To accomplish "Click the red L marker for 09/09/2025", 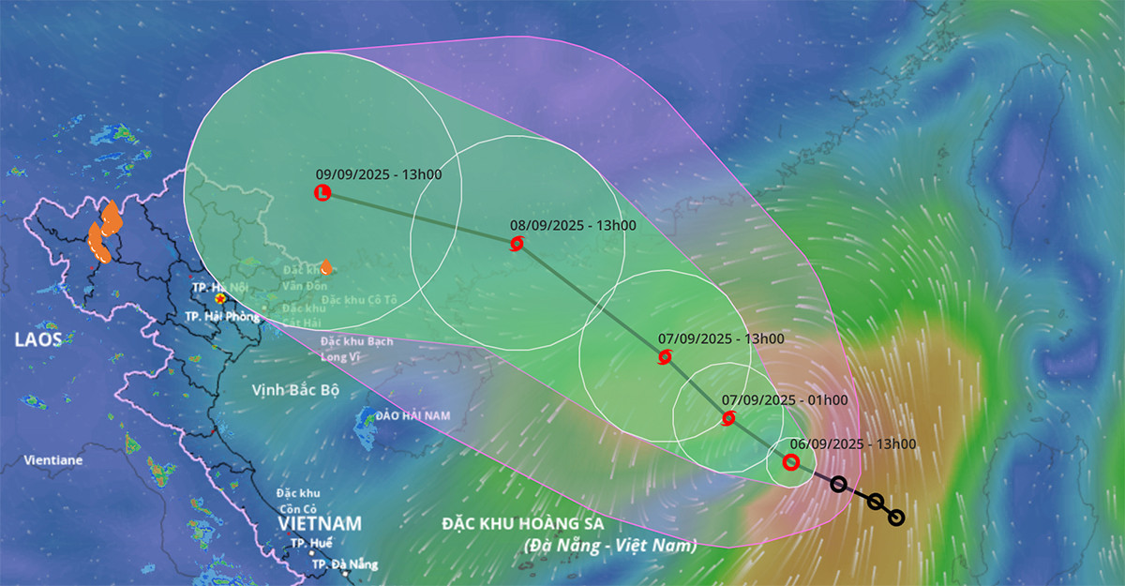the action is tap(322, 193).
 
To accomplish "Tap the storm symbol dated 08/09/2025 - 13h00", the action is tap(517, 244).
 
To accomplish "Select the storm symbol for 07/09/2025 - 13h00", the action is tap(665, 356).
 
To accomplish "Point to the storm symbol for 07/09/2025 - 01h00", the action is tap(728, 418).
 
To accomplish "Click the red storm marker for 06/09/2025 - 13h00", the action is tap(790, 461).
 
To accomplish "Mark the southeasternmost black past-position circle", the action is tap(895, 518).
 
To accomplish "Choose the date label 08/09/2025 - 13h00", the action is tap(573, 226).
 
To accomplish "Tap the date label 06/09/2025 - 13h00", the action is tap(852, 444).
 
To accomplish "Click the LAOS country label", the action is tap(37, 339).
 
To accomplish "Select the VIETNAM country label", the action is tap(320, 523).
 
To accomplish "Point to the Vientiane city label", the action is tap(54, 460).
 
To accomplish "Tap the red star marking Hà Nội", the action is tap(220, 299).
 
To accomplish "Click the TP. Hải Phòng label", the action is tap(221, 317).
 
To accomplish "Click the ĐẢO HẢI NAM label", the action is tap(412, 415).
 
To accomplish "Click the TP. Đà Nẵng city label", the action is tap(344, 564).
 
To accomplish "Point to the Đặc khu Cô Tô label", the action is tap(357, 300).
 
